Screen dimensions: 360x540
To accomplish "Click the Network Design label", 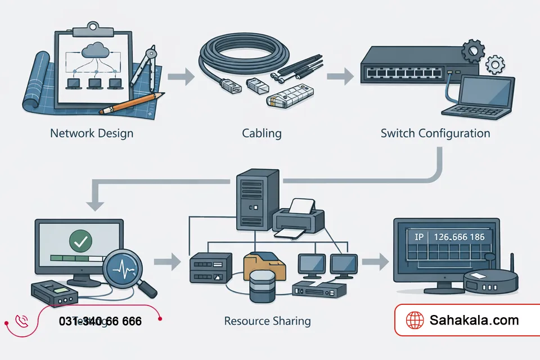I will pyautogui.click(x=92, y=134).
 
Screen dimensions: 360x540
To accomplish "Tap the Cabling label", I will pyautogui.click(x=262, y=134).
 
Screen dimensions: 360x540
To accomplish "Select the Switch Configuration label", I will pyautogui.click(x=435, y=134).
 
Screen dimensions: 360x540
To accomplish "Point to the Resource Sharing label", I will pyautogui.click(x=267, y=321).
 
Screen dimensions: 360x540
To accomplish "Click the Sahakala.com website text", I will pyautogui.click(x=474, y=321).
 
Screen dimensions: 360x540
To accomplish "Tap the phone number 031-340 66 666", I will pyautogui.click(x=100, y=322).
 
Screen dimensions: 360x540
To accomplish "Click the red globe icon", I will pyautogui.click(x=415, y=321).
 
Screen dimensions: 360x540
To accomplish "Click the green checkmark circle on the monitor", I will pyautogui.click(x=80, y=241).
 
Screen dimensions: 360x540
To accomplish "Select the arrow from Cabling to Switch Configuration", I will pyautogui.click(x=337, y=76).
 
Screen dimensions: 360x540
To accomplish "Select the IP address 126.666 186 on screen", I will pyautogui.click(x=457, y=237).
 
